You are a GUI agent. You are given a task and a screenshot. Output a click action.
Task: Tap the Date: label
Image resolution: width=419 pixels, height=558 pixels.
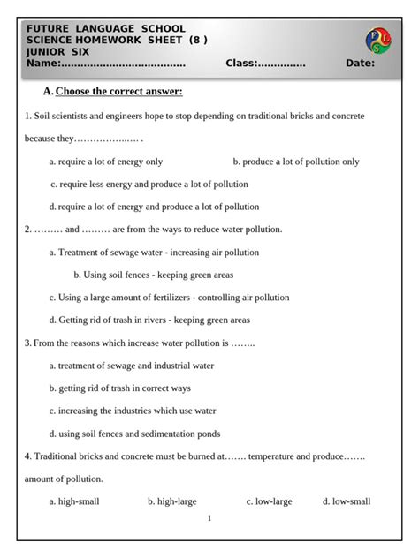coord(360,64)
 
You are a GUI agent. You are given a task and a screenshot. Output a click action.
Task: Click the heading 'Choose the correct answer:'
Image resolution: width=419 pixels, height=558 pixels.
coord(118,92)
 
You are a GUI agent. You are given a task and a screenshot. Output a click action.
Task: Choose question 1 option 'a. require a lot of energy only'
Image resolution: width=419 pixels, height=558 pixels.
coord(106,162)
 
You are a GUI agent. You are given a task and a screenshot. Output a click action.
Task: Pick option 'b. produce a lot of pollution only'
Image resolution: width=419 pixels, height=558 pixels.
coord(296,162)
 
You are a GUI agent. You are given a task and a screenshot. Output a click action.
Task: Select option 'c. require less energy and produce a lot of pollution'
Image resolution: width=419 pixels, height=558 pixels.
coord(149,185)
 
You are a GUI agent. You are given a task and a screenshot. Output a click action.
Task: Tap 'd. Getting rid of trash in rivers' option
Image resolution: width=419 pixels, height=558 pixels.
coord(149,320)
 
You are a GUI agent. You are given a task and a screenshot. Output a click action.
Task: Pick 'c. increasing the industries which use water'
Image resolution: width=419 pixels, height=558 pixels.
coord(133,411)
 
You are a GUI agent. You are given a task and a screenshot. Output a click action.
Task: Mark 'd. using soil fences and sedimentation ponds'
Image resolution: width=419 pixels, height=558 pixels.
coord(134,434)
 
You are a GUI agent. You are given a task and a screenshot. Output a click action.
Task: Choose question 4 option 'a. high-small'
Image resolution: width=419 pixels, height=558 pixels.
coord(74,501)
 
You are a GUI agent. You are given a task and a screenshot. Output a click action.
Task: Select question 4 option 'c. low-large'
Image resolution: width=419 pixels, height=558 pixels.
coord(269,501)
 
